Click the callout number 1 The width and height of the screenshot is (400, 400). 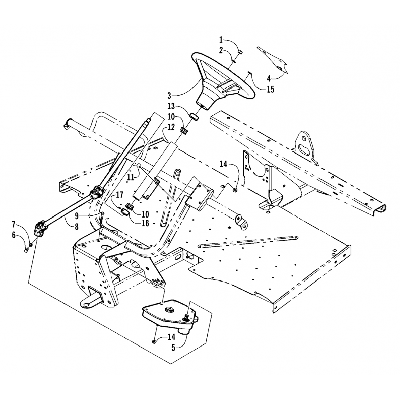[x=221, y=40]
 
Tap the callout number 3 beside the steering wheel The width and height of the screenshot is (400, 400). [x=169, y=95]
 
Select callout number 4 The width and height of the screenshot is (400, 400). [x=269, y=78]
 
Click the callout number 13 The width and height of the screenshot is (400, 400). [x=171, y=106]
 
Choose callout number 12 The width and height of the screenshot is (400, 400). [x=171, y=127]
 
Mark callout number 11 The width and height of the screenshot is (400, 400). [x=130, y=177]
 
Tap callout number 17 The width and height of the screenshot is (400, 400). [x=119, y=195]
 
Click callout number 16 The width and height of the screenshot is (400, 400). [x=145, y=223]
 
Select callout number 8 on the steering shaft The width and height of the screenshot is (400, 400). [x=77, y=227]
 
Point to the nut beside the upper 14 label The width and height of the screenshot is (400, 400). [x=235, y=190]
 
